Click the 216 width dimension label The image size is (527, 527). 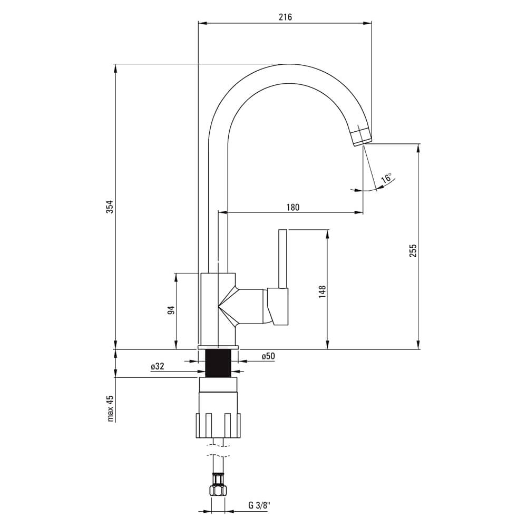[285, 17]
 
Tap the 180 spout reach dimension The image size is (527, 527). [292, 207]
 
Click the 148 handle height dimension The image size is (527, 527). [322, 292]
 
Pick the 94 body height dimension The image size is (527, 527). [171, 310]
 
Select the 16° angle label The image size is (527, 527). [386, 178]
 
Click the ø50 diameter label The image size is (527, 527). [268, 356]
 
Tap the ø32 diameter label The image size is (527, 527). [157, 366]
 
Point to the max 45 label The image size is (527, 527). [110, 408]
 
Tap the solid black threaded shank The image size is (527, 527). [218, 363]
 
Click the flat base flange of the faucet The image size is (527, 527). [218, 347]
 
